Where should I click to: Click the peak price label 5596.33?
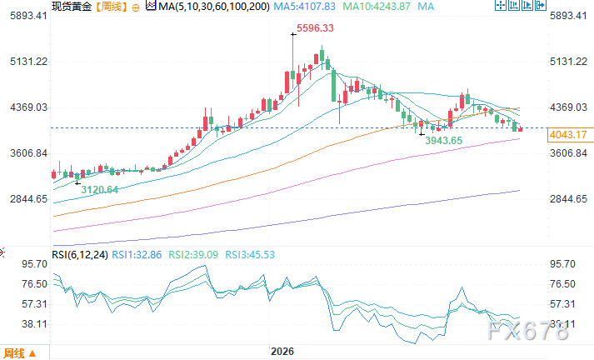[x=315, y=28]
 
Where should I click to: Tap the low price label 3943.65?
[x=443, y=141]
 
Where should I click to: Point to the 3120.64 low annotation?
[x=100, y=189]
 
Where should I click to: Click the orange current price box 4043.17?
[x=568, y=135]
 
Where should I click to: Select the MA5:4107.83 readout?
[x=305, y=7]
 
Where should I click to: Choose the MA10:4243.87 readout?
[x=377, y=7]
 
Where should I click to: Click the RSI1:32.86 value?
[x=137, y=255]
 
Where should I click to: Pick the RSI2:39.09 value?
[x=193, y=255]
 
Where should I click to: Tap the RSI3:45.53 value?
[x=250, y=255]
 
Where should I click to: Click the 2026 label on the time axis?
[x=282, y=352]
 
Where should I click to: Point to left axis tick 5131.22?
[x=29, y=62]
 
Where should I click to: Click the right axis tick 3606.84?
[x=569, y=153]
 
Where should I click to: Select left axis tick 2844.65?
[x=29, y=199]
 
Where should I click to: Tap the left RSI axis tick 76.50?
[x=35, y=284]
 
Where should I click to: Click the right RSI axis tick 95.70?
[x=562, y=263]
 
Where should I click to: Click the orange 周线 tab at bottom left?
[x=19, y=353]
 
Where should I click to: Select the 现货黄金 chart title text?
[x=72, y=7]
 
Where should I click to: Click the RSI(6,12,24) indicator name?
[x=80, y=255]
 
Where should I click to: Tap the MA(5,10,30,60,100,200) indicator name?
[x=214, y=7]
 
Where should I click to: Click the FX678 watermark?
[x=527, y=331]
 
